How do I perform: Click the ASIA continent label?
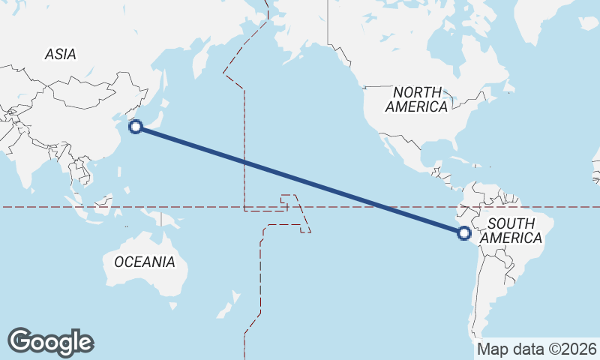pos(60,54)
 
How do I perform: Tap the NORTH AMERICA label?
pos(416,99)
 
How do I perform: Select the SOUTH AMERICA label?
pos(511,230)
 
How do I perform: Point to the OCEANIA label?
pos(145,262)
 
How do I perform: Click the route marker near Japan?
pos(136,127)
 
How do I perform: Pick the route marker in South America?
pos(464,233)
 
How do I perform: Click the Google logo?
pos(50,341)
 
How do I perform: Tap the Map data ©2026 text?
pos(537,349)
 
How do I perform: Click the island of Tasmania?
pos(173,305)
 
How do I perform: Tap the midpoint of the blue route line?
pos(300,180)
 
